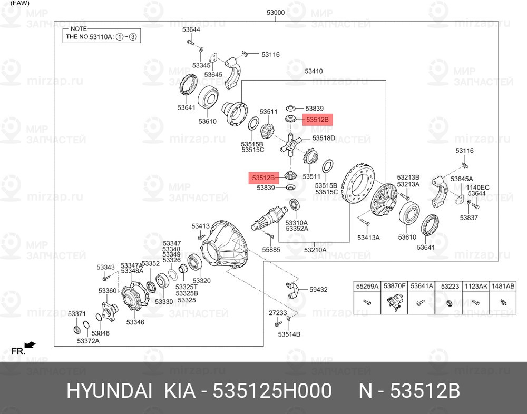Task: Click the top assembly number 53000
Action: coord(275,13)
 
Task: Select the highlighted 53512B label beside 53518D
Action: coord(317,119)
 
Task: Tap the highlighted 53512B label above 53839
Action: coord(263,178)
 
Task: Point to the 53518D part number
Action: coord(324,138)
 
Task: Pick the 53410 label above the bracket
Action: coord(314,71)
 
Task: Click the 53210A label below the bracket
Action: coord(315,250)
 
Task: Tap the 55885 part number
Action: coord(271,250)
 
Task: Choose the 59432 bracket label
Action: coord(318,289)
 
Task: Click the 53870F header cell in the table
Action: coord(394,287)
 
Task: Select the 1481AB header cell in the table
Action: coord(503,287)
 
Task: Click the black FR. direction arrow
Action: coord(30,345)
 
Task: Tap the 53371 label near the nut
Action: coord(76,314)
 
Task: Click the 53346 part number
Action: coord(135,322)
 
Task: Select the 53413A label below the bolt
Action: coord(368,238)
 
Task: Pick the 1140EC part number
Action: coord(477,188)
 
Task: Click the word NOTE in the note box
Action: coord(79,29)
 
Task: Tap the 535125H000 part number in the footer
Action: coord(272,391)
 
